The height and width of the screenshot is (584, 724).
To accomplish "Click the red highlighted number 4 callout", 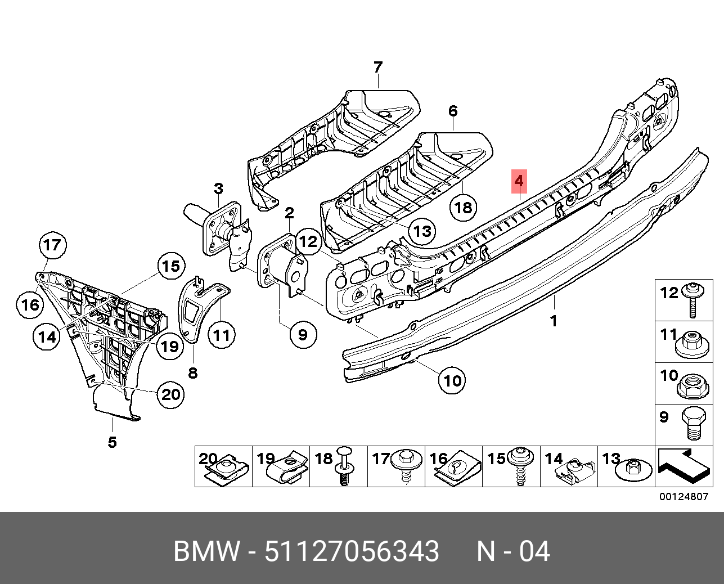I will (519, 181).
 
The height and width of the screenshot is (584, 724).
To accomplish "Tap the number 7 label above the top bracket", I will (378, 68).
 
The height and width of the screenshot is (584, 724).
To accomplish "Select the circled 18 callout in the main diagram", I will (463, 208).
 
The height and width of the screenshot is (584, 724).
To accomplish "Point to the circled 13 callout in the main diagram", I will (422, 231).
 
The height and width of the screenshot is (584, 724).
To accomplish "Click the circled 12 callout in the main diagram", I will (308, 242).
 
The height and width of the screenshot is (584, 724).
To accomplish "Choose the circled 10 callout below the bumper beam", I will (452, 381).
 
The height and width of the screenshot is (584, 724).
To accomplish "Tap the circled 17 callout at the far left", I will (52, 245).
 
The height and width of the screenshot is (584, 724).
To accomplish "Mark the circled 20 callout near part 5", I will (170, 394).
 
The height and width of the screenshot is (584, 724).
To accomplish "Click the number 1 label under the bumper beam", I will (554, 321).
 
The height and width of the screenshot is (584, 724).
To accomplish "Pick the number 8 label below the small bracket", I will (193, 373).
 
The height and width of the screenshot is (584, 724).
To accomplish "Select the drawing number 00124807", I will (683, 497).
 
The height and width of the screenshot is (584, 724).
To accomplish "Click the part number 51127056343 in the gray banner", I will (352, 551).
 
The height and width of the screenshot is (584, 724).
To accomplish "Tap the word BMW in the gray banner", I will (206, 551).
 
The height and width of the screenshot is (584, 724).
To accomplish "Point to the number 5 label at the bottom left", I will (113, 442).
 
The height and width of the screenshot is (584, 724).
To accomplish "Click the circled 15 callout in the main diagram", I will (171, 266).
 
